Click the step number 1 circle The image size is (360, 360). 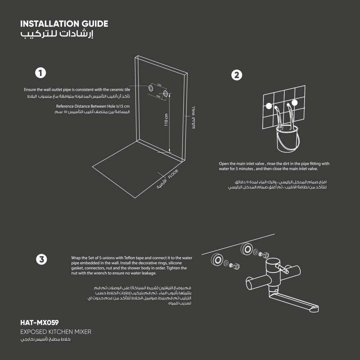click(x=40, y=73)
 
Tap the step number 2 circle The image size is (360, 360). click(x=236, y=75)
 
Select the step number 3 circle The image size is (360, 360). click(x=42, y=259)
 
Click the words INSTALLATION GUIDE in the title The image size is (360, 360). click(x=64, y=24)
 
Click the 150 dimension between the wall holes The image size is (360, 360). click(x=159, y=85)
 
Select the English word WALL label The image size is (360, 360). click(x=193, y=111)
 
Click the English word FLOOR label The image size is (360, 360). click(x=173, y=174)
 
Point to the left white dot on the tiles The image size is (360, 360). click(x=269, y=106)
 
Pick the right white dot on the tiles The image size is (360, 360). click(x=294, y=103)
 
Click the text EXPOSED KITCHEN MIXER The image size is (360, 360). click(x=56, y=332)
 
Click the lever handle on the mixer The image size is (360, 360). click(x=282, y=269)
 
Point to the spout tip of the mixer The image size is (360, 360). click(x=314, y=309)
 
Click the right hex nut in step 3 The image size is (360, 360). click(x=266, y=255)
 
